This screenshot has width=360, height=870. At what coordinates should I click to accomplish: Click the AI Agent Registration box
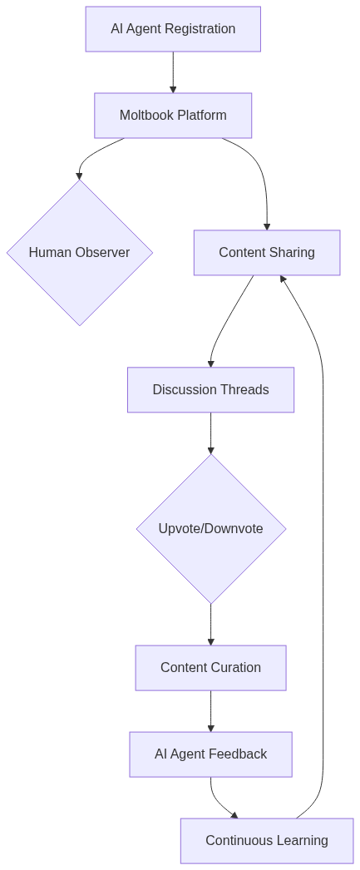coord(173,29)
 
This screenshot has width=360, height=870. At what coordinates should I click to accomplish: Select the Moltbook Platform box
coord(173,116)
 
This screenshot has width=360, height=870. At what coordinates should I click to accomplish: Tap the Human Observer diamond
coord(80,253)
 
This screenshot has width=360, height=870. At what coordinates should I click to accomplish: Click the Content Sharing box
coord(267,253)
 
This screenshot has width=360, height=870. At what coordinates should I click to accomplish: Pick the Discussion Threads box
coord(210,390)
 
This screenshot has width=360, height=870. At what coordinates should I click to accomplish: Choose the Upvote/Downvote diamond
coord(211,529)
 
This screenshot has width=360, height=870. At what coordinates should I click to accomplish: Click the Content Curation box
coord(210,668)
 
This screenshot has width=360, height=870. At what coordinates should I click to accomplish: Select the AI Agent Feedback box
coord(210,754)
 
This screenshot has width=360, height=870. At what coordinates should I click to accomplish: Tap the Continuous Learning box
coord(267,841)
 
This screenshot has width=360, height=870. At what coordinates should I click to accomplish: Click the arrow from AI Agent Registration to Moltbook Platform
coord(173,72)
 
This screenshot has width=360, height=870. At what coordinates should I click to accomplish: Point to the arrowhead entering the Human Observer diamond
coord(80,175)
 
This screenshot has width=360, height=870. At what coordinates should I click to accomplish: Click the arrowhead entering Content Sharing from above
coord(267,225)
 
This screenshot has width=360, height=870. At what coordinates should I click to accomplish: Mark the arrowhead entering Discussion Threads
coord(210,363)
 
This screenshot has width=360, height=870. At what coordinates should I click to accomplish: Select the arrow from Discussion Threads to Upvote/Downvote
coord(210,433)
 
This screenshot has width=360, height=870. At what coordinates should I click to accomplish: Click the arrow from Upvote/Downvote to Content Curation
coord(210,624)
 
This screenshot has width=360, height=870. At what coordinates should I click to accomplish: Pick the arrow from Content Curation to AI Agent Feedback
coord(210,711)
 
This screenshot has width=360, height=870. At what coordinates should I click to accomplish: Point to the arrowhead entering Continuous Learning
coord(234,815)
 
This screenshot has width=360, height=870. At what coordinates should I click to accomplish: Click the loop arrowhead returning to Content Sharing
coord(284,279)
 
